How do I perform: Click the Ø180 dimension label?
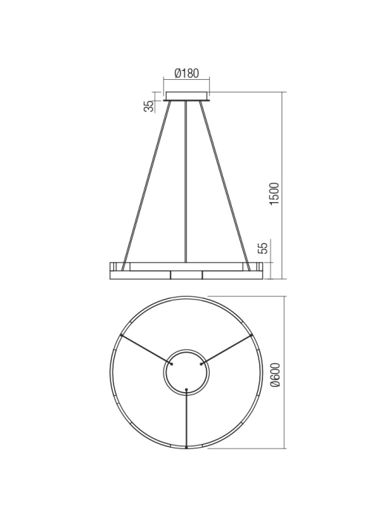[186, 73]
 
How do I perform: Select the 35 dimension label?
[149, 106]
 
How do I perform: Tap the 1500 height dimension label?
[274, 194]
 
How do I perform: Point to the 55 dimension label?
[262, 248]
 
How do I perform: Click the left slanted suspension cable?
[148, 181]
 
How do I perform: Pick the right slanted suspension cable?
[224, 181]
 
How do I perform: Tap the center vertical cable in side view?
[186, 181]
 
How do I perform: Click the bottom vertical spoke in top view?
[186, 418]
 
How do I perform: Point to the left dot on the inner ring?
[172, 363]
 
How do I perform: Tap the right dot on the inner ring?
[201, 363]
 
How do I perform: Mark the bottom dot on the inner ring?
[186, 389]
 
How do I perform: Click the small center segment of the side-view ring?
[186, 275]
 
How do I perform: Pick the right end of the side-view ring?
[259, 270]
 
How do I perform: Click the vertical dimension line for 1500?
[284, 185]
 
